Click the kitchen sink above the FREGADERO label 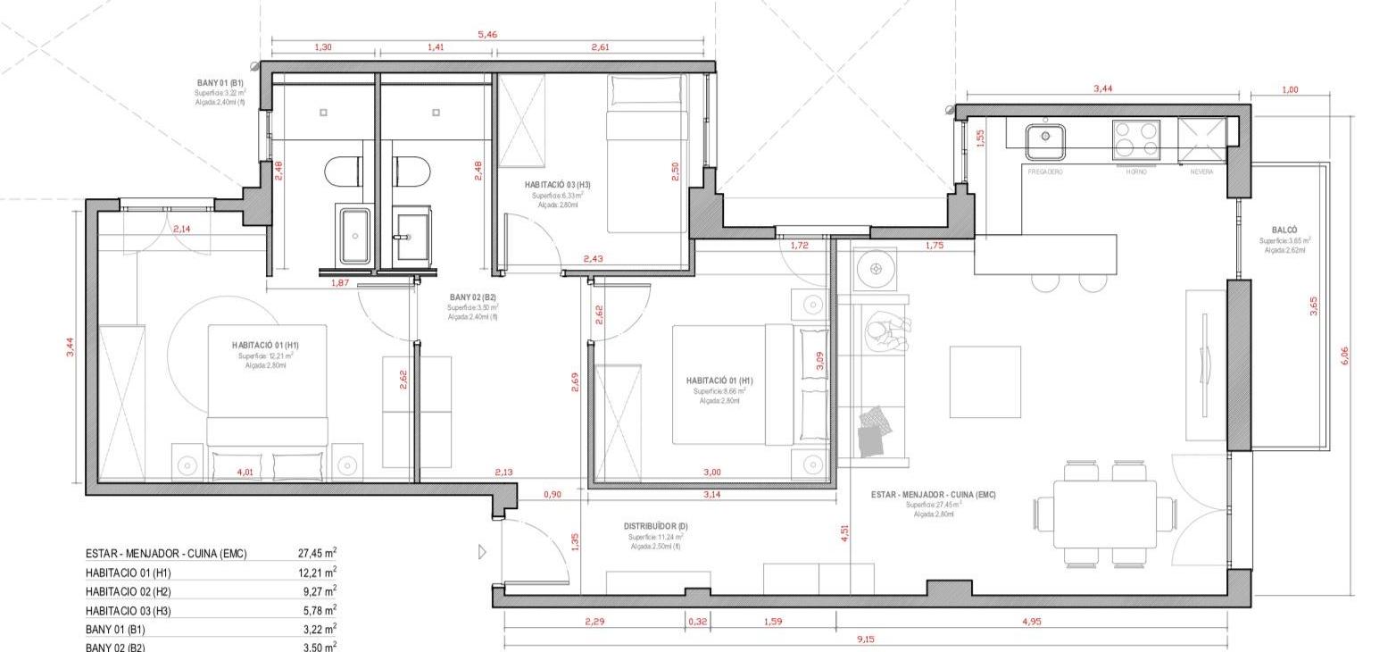click(x=1044, y=140)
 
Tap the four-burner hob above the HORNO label click(x=1135, y=140)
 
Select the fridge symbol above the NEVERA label click(x=1201, y=140)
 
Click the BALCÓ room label click(x=1284, y=230)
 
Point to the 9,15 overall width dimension click(x=865, y=639)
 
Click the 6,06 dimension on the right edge click(x=1345, y=355)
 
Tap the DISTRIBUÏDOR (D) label click(x=655, y=526)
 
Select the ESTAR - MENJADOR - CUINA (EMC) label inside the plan click(x=933, y=495)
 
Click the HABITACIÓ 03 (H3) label click(x=557, y=185)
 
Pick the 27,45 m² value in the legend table click(x=317, y=554)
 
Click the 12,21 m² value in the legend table click(x=317, y=573)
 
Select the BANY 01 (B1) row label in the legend click(x=115, y=630)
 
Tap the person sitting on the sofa click(x=885, y=332)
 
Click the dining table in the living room click(x=1105, y=514)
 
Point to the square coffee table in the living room click(x=985, y=381)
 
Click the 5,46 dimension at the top click(x=487, y=35)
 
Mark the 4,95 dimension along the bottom click(x=1030, y=622)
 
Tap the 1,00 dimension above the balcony click(x=1290, y=89)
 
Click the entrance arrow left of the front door click(x=483, y=552)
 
